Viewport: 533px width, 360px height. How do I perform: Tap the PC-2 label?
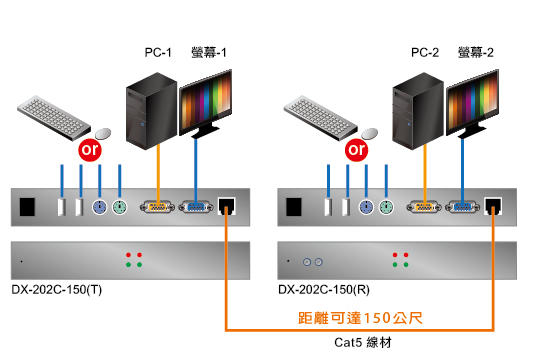425,51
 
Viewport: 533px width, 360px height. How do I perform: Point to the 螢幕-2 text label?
476,51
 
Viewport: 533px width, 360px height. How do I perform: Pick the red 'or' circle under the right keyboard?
354,149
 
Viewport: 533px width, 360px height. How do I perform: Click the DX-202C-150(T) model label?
59,291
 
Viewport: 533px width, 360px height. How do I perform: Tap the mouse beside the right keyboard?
369,132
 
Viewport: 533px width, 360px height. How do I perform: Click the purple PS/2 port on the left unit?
99,208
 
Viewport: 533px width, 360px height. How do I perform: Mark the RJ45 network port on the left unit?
228,207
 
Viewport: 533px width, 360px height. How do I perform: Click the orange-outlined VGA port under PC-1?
158,208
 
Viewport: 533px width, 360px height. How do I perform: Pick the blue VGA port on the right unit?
461,208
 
